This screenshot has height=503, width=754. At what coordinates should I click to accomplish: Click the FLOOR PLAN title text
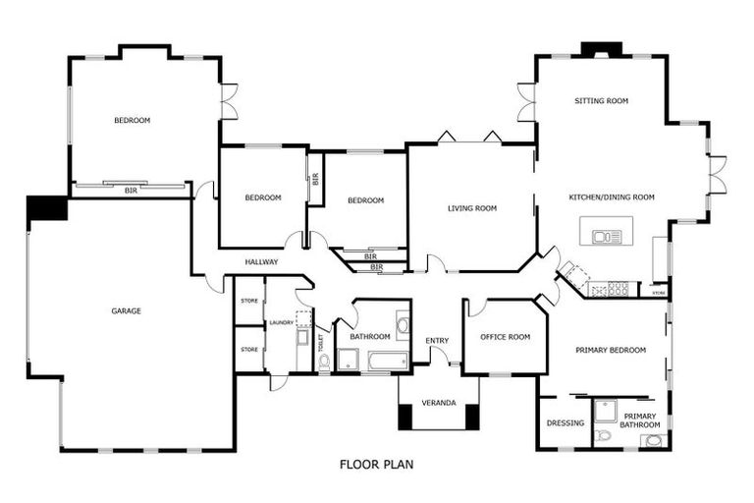(377, 465)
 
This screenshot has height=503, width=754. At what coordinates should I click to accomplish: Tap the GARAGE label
(127, 311)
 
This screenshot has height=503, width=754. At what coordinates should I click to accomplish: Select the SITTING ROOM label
(602, 100)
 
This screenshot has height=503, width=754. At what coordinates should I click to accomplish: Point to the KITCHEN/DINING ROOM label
(612, 196)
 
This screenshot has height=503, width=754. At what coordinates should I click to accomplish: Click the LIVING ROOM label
(472, 208)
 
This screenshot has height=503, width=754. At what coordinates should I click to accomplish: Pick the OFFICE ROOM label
(506, 337)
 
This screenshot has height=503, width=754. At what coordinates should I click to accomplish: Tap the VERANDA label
(439, 403)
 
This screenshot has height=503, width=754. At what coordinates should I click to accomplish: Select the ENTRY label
(437, 341)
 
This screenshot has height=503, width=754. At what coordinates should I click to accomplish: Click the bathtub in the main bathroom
(388, 361)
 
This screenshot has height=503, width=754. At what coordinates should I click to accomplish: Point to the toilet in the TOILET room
(325, 363)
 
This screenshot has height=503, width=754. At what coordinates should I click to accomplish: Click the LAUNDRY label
(282, 322)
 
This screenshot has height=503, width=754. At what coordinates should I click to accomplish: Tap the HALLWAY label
(261, 262)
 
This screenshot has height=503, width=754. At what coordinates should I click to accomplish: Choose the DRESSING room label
(565, 423)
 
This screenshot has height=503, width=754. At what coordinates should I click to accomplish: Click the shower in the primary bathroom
(605, 411)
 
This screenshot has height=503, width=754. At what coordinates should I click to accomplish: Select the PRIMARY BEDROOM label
(611, 350)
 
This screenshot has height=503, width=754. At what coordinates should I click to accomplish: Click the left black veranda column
(405, 417)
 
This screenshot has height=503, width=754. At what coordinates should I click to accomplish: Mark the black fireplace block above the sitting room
(602, 49)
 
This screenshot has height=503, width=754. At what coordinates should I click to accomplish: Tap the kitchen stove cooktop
(619, 289)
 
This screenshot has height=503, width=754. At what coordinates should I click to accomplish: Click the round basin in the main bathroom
(403, 325)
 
